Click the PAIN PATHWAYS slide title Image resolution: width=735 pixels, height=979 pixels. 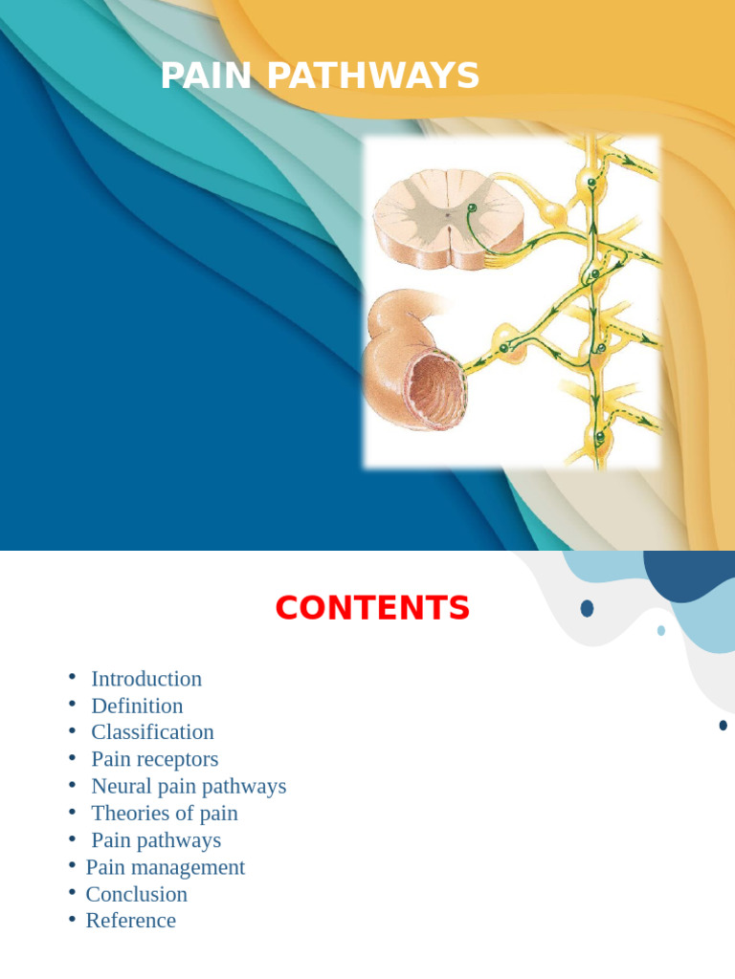(x=320, y=76)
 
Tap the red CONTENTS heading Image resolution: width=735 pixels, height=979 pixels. (x=372, y=608)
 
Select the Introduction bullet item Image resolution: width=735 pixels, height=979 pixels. (x=146, y=679)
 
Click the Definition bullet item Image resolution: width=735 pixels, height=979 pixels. (x=137, y=706)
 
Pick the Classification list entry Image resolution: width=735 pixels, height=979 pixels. (x=152, y=732)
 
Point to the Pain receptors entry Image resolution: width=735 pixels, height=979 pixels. (x=154, y=759)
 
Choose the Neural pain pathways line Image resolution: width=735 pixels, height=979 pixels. (x=189, y=786)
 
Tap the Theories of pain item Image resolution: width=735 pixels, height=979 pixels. (x=164, y=814)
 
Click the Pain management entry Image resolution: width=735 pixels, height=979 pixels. (x=165, y=867)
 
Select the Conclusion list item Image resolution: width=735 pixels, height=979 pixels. (x=136, y=894)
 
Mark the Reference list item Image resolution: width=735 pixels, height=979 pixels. (x=130, y=921)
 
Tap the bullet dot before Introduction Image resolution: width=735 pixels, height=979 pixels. (x=72, y=678)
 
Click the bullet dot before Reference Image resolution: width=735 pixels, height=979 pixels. (x=72, y=920)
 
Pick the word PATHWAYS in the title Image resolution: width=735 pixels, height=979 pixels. (x=373, y=76)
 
